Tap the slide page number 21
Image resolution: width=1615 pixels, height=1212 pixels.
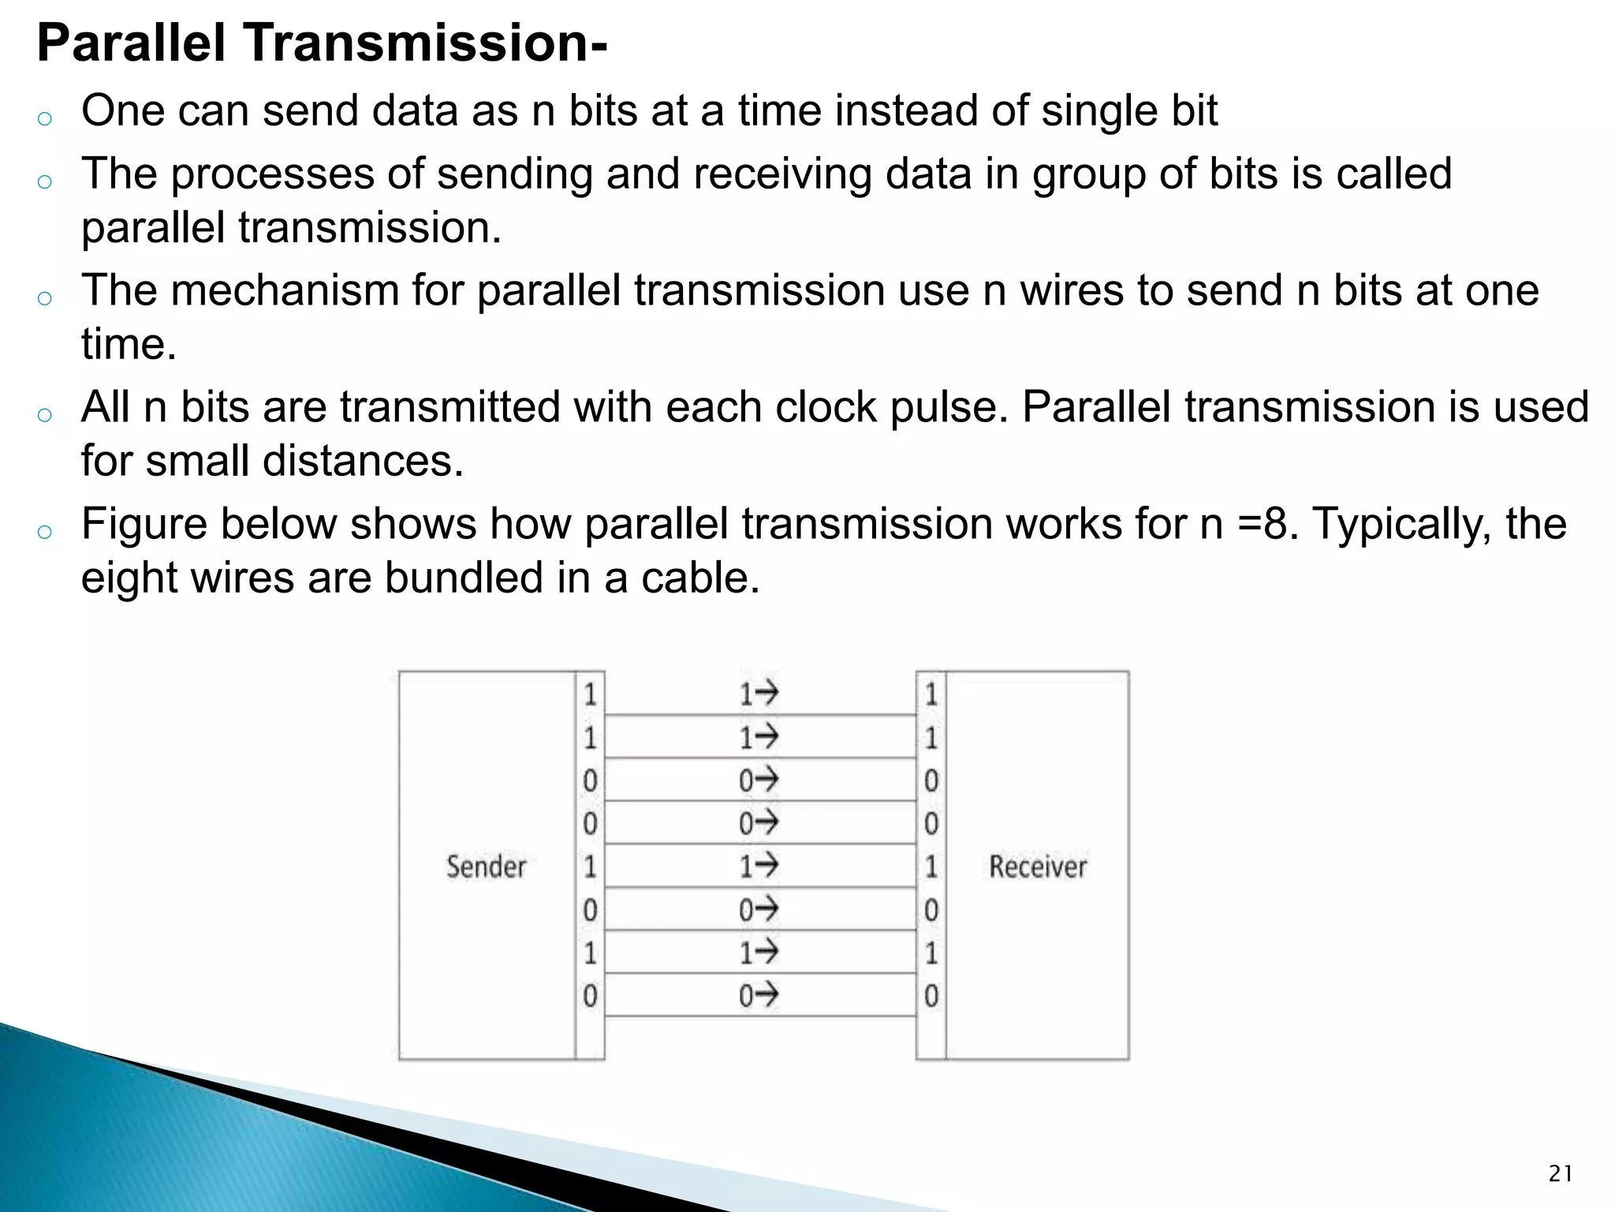tap(1560, 1174)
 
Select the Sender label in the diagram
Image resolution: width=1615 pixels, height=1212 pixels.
tap(486, 866)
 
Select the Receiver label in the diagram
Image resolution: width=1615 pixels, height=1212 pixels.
tap(1038, 866)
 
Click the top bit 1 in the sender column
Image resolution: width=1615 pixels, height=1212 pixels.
tap(590, 694)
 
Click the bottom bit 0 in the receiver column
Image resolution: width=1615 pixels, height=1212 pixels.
tap(931, 996)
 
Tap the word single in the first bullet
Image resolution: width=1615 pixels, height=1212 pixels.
tap(1099, 111)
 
